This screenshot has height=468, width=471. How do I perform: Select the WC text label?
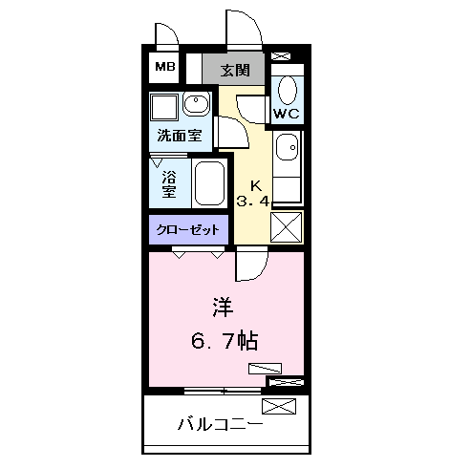[287, 114]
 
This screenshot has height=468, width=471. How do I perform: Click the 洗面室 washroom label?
[180, 136]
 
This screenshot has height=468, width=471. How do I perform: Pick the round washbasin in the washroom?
[196, 104]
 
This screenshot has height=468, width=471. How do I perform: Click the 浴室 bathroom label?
[169, 183]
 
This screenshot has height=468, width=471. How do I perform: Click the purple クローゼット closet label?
[188, 229]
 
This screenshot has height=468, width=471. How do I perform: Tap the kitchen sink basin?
[287, 147]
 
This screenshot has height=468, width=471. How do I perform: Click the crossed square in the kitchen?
[287, 227]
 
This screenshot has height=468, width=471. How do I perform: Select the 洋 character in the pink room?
[222, 308]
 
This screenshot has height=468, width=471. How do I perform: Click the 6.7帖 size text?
[226, 338]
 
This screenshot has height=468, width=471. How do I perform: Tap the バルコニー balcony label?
[220, 424]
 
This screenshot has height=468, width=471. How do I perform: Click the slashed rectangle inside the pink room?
[265, 368]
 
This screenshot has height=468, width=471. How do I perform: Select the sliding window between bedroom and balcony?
[223, 391]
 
